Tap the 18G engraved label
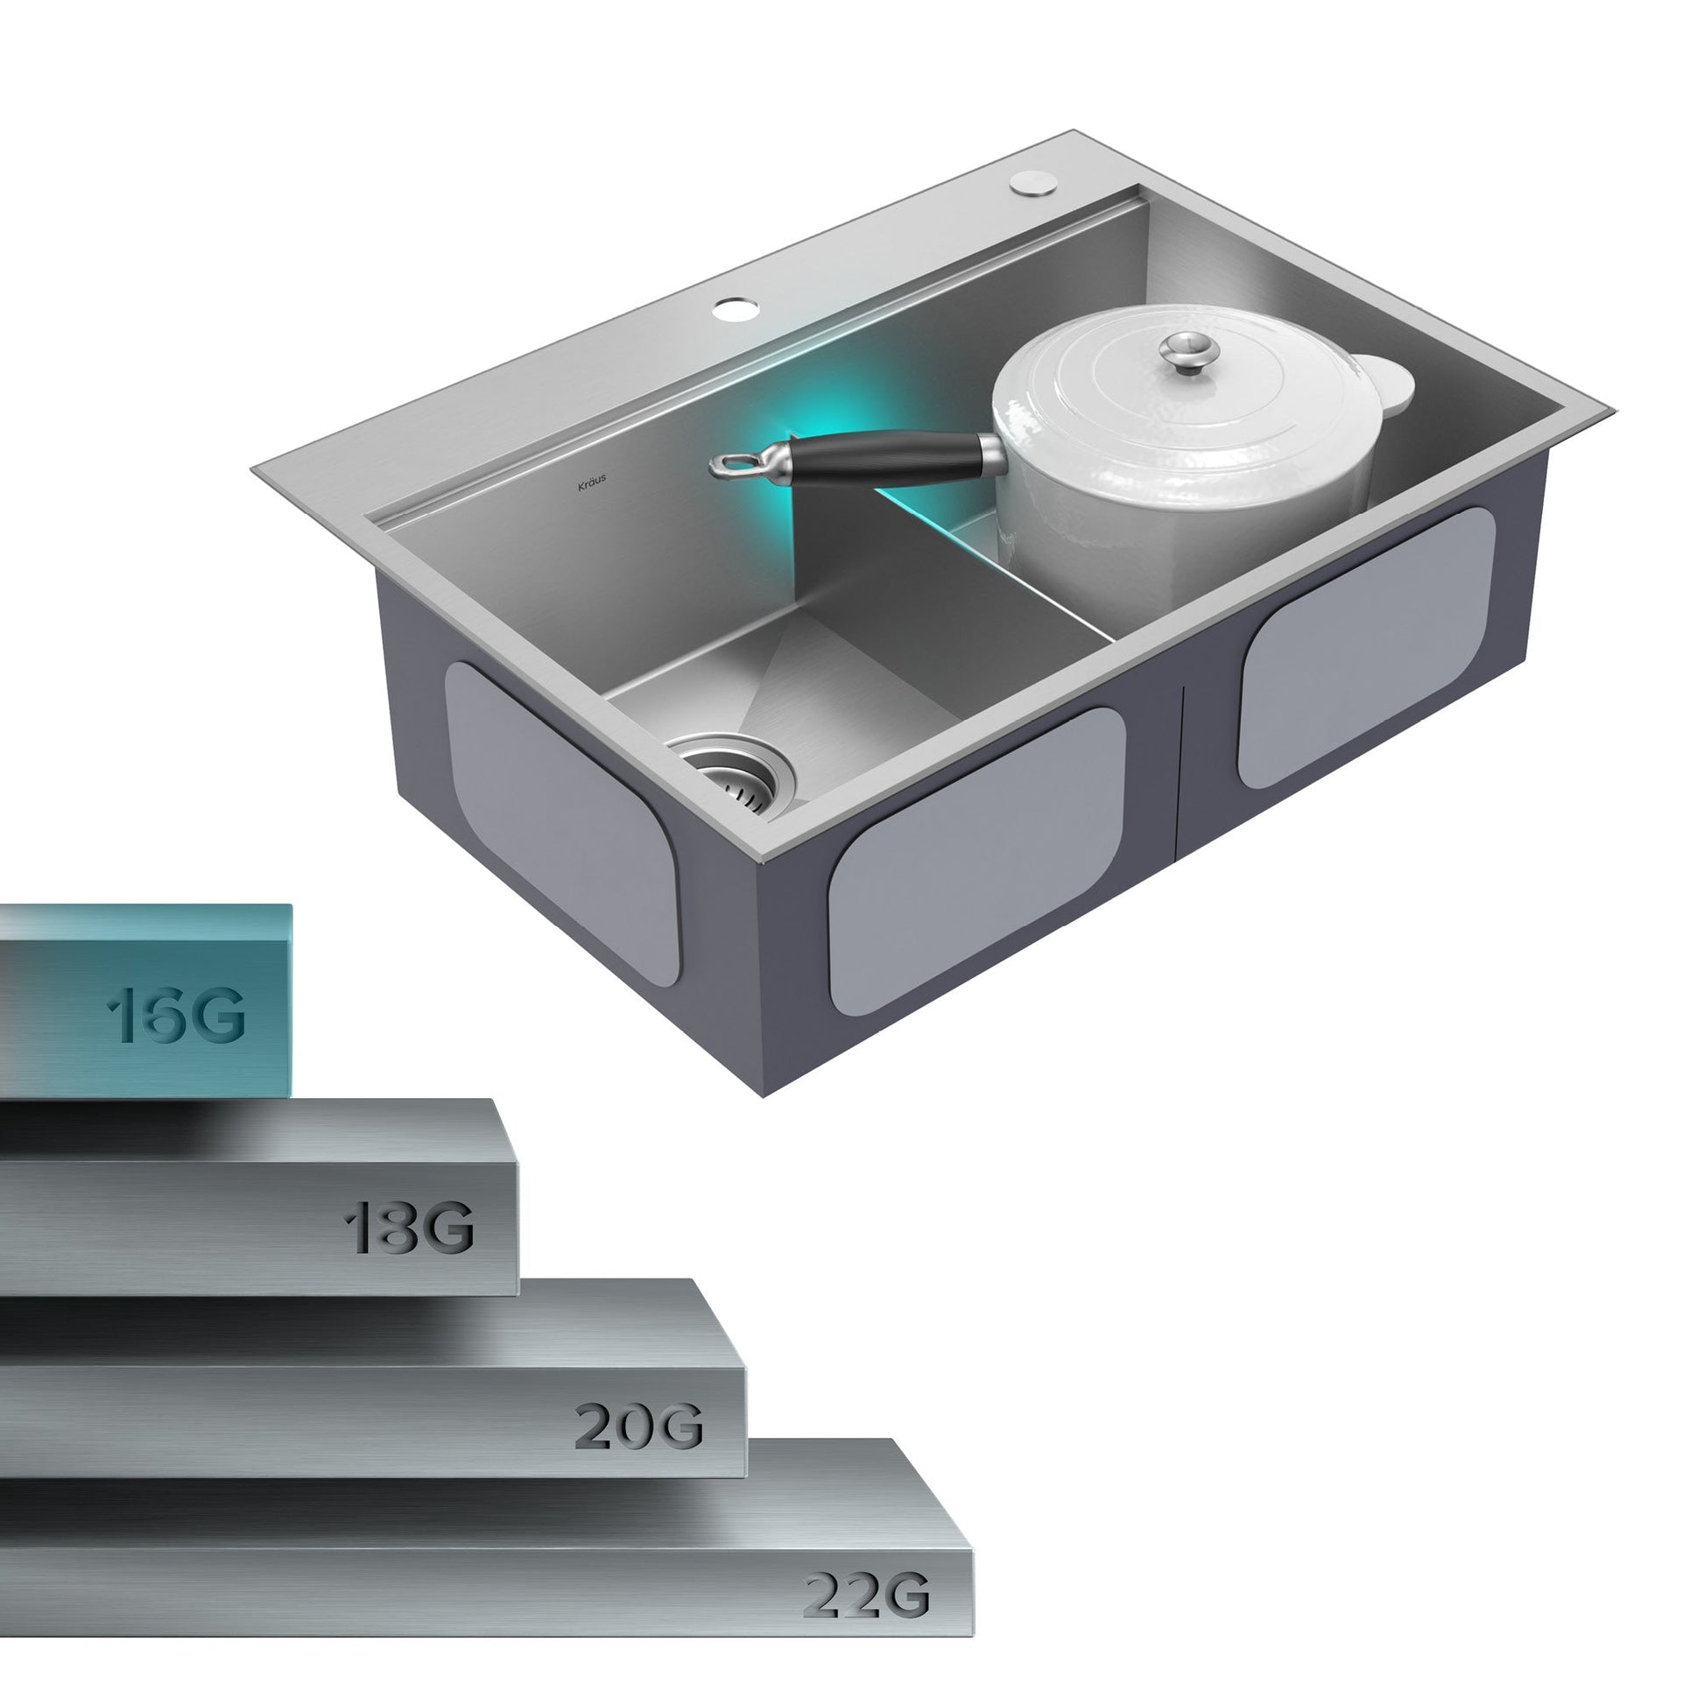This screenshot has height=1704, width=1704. pos(409,1228)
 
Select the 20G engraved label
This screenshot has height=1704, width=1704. pos(638,1426)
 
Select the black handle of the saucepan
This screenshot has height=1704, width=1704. pos(889,459)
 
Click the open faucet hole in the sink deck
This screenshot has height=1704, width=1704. pos(736,309)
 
